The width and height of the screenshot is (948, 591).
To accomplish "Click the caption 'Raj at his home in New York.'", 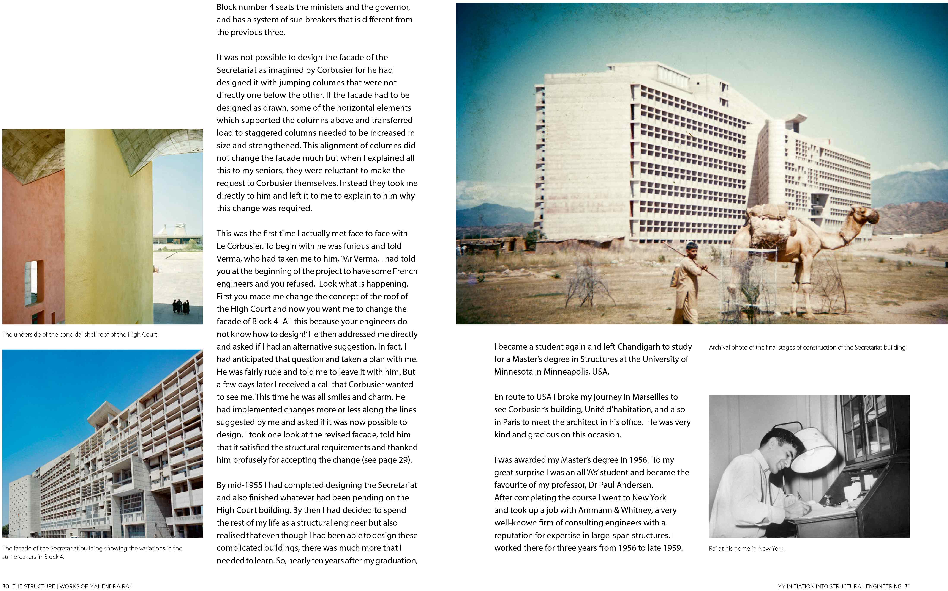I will (x=746, y=548).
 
